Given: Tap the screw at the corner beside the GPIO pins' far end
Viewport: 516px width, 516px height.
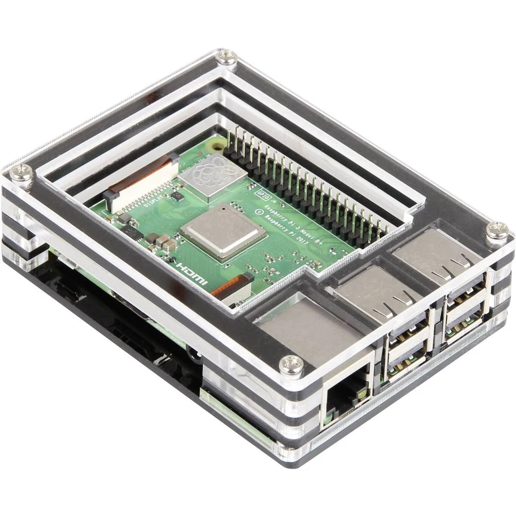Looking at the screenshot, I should tap(226, 57).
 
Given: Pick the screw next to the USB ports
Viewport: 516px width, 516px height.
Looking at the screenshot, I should tap(497, 231).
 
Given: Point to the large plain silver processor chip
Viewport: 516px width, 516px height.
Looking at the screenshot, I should tap(223, 231).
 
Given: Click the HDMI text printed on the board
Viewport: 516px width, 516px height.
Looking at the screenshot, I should tap(191, 274).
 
